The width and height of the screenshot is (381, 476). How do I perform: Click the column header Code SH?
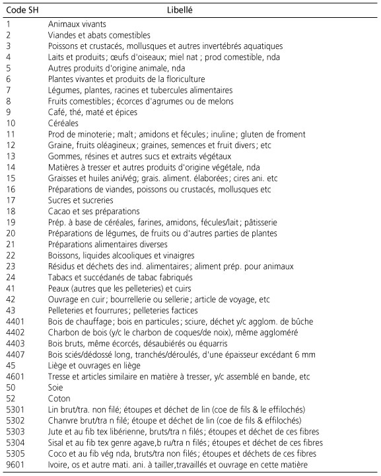click(x=21, y=11)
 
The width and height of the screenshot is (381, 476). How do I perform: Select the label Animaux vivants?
click(x=77, y=24)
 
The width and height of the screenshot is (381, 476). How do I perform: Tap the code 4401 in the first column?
click(x=15, y=322)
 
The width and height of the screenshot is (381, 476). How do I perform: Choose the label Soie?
click(x=55, y=388)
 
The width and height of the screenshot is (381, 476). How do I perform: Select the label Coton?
click(x=59, y=399)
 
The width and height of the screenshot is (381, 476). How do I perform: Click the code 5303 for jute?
click(x=15, y=432)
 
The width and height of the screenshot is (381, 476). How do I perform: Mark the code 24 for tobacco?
click(x=11, y=278)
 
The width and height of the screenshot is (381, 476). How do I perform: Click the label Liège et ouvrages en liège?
click(x=95, y=366)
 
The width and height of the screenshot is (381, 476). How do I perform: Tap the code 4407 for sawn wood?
click(x=15, y=355)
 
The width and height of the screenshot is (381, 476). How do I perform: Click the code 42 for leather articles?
click(x=11, y=299)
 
